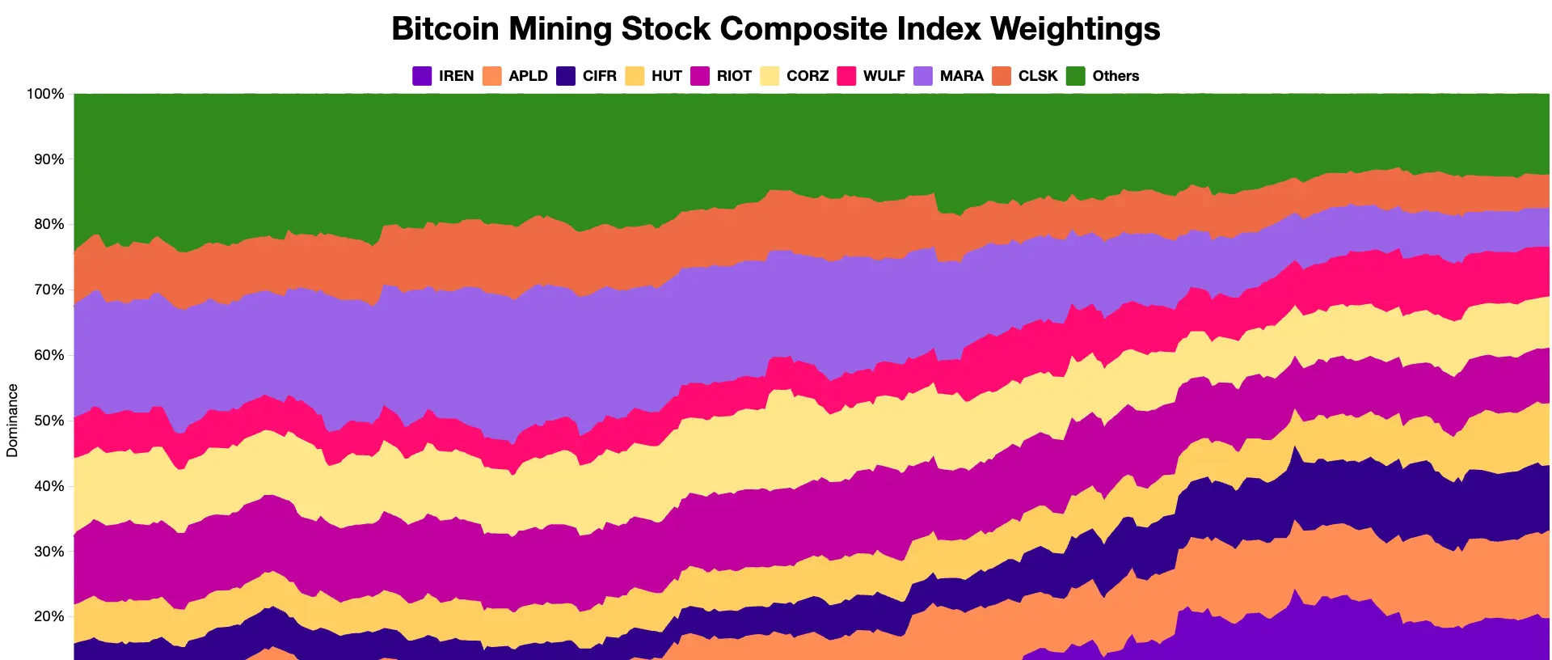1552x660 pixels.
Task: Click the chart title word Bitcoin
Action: tap(445, 29)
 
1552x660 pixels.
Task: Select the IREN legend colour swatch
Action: tap(422, 76)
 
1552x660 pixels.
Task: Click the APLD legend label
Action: tap(528, 76)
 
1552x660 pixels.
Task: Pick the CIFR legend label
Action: tap(599, 76)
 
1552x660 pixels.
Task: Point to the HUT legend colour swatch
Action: tap(635, 76)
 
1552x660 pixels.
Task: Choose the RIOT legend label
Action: tap(734, 76)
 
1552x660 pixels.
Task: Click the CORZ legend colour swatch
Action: tap(770, 76)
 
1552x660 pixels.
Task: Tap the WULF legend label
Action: tap(884, 76)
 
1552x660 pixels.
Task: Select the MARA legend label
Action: tap(961, 76)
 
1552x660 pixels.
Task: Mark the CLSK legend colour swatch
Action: tap(1002, 76)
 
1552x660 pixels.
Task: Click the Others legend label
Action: tap(1115, 76)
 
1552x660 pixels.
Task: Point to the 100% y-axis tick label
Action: tap(45, 94)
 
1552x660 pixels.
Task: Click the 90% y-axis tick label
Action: tap(48, 159)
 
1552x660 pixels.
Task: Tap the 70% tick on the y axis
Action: tap(48, 290)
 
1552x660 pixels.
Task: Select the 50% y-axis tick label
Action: tap(48, 421)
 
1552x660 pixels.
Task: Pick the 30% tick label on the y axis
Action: tap(48, 552)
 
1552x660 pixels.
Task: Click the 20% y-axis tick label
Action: tap(48, 616)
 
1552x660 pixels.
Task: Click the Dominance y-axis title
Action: tap(12, 421)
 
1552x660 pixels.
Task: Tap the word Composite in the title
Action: tap(850, 29)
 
